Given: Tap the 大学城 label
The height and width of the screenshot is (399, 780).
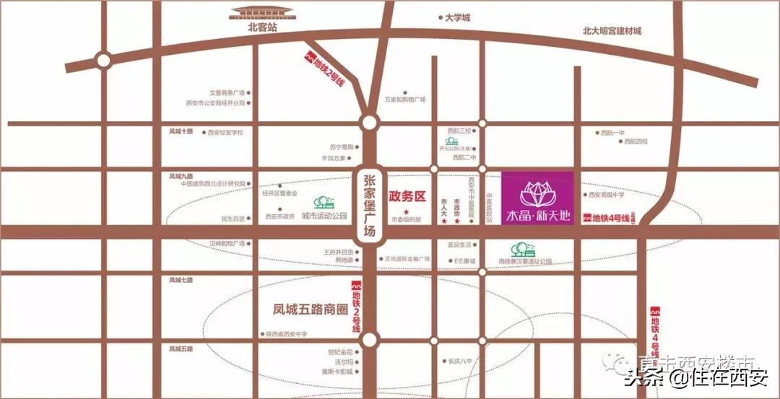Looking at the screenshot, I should tap(457, 17).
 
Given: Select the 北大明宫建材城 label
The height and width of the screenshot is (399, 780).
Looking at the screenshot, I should tap(612, 31).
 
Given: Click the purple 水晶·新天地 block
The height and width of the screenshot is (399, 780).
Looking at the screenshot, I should tap(537, 198).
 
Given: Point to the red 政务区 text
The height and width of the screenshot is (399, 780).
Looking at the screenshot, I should tap(408, 196).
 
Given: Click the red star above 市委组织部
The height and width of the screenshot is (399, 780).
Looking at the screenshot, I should tap(396, 212).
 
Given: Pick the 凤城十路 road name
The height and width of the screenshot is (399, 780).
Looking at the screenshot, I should tap(181, 132).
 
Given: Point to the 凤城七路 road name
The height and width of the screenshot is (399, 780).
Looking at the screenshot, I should tap(181, 279).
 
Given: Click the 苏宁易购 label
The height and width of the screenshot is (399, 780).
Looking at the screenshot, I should tap(341, 147).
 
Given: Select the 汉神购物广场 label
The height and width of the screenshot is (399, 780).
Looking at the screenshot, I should tap(227, 243).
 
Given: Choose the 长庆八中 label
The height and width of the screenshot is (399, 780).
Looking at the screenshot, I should tap(459, 361).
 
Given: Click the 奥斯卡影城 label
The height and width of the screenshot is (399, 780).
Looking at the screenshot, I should tap(338, 372).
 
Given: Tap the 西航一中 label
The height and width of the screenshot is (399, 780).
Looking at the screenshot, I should tap(611, 132).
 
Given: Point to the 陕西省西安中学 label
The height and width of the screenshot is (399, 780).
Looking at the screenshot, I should tap(286, 334).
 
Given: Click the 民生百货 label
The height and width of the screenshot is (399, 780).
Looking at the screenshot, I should tap(233, 218).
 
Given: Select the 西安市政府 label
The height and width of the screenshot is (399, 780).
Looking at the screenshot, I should tap(279, 216).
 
